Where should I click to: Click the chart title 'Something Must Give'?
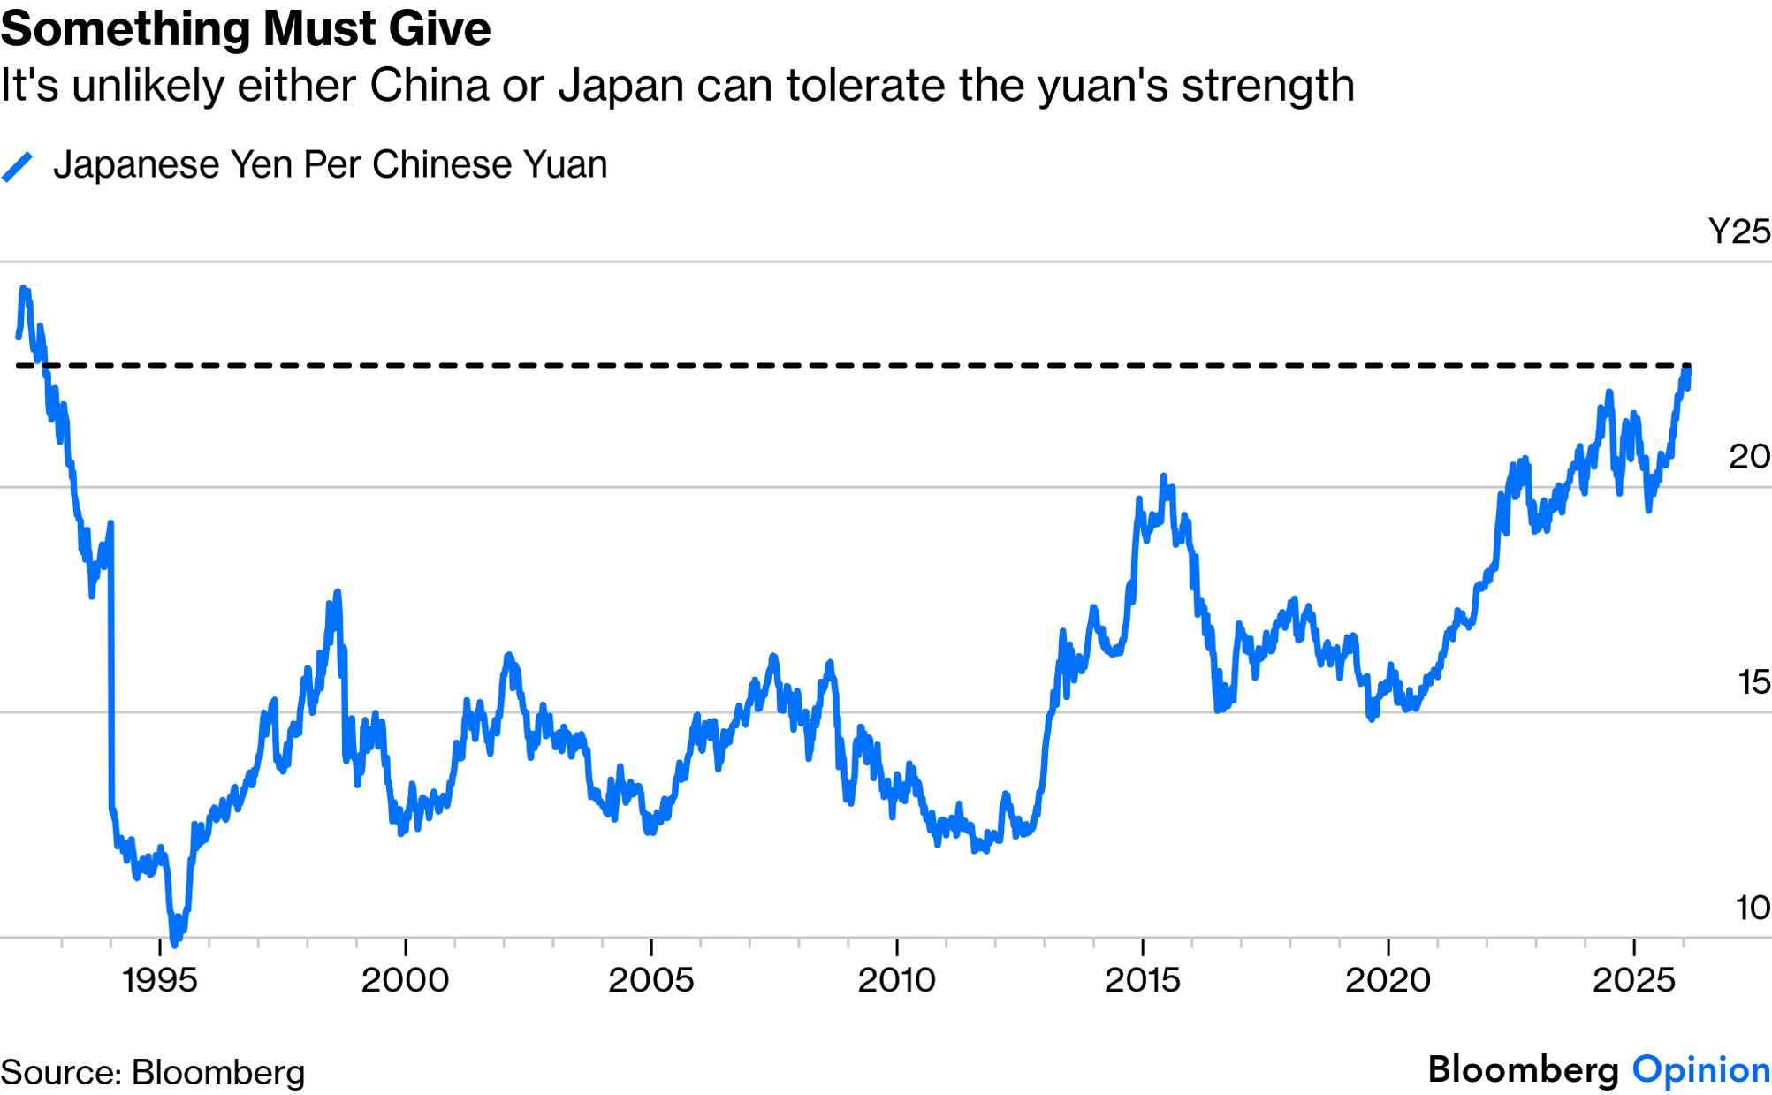(246, 29)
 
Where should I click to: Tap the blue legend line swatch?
(18, 166)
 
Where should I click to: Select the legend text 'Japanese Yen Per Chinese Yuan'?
(330, 165)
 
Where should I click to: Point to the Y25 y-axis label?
(1738, 232)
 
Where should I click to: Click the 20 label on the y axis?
(1749, 457)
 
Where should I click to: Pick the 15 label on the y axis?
(1753, 682)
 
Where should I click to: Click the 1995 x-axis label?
(160, 980)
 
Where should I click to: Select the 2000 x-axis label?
(406, 980)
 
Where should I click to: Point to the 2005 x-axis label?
(651, 980)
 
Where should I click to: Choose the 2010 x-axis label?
(897, 980)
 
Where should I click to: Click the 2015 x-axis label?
(1143, 980)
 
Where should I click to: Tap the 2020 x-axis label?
(1388, 980)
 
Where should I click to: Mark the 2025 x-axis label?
(1634, 980)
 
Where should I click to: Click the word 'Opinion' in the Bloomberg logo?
(1700, 1069)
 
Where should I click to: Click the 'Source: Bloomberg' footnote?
(153, 1073)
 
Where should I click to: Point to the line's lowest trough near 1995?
(174, 942)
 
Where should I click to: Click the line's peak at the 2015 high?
(1164, 477)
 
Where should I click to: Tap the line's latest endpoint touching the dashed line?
(1689, 369)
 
